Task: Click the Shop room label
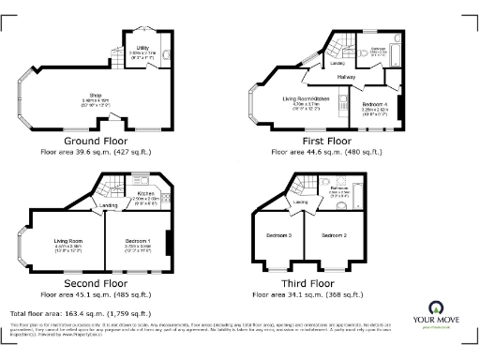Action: point(95,95)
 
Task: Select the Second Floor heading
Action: point(95,282)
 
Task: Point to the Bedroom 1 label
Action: point(137,241)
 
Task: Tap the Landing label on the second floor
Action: point(110,205)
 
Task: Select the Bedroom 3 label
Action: point(278,234)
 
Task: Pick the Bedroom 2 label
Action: point(335,234)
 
